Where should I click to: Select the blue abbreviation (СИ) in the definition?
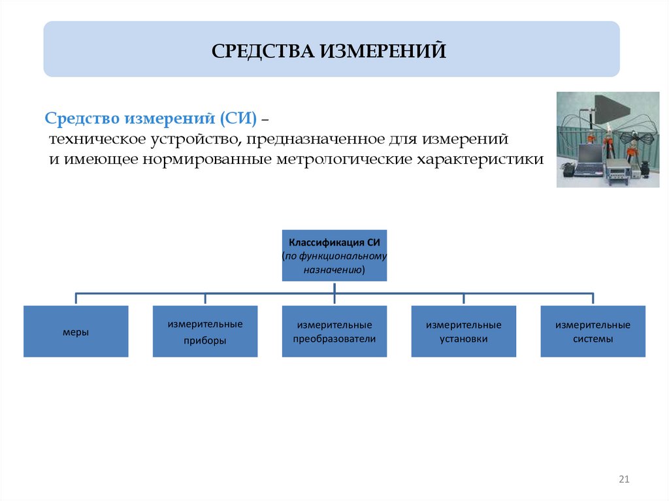[x=238, y=119]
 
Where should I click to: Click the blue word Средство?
[x=82, y=119]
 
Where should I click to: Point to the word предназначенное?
[x=316, y=140]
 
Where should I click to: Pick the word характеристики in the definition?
[x=485, y=160]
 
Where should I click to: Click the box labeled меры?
[x=76, y=332]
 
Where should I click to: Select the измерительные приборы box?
[x=205, y=332]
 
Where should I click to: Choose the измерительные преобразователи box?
[x=334, y=332]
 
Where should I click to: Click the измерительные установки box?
[x=464, y=332]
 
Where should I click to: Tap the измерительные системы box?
[x=593, y=332]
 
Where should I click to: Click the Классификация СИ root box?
[x=334, y=243]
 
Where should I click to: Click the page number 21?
[x=623, y=480]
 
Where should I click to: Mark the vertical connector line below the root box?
[x=334, y=288]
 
